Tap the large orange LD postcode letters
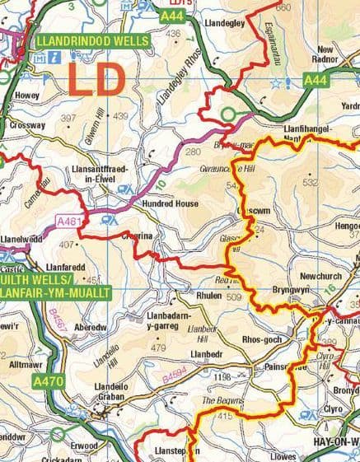pyautogui.click(x=96, y=81)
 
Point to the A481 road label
pyautogui.click(x=72, y=221)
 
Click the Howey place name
pyautogui.click(x=26, y=95)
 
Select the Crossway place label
pyautogui.click(x=27, y=125)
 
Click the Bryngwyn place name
pyautogui.click(x=291, y=292)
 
